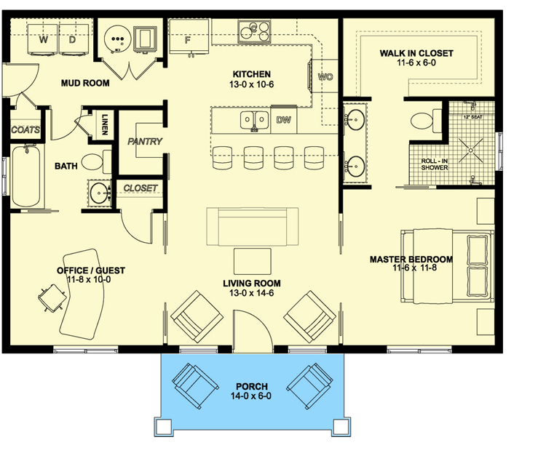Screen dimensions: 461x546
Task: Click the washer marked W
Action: click(44, 41)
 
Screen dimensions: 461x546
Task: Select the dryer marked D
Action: click(72, 41)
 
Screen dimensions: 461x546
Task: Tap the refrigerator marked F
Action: click(188, 38)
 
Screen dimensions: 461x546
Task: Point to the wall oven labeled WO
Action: click(325, 76)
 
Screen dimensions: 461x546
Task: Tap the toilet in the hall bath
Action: click(92, 161)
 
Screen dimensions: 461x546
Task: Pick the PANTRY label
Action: click(145, 142)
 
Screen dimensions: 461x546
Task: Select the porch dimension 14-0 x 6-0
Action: click(253, 396)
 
